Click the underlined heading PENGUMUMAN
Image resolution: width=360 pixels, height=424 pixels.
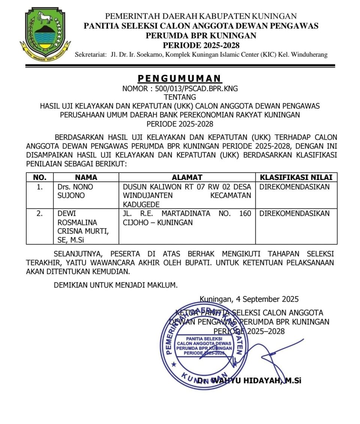pyautogui.click(x=180, y=78)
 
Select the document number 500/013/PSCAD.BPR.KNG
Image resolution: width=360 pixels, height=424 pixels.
pyautogui.click(x=180, y=89)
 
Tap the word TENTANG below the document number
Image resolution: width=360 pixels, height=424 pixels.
pyautogui.click(x=180, y=97)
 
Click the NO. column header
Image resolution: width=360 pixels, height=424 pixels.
pyautogui.click(x=40, y=177)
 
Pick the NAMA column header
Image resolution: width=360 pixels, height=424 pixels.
pyautogui.click(x=86, y=177)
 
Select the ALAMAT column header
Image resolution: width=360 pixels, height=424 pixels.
pyautogui.click(x=187, y=177)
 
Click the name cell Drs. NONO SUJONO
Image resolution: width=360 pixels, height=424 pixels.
pyautogui.click(x=75, y=191)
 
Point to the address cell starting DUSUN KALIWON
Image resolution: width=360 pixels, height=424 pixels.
pyautogui.click(x=187, y=195)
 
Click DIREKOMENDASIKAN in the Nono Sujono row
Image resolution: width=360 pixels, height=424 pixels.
pyautogui.click(x=295, y=187)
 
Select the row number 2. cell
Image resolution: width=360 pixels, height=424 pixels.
pyautogui.click(x=40, y=214)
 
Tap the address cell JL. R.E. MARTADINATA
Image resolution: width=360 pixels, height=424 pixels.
pyautogui.click(x=187, y=218)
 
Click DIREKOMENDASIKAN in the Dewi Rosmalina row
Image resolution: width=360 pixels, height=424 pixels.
pyautogui.click(x=295, y=214)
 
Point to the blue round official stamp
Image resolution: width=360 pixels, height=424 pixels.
pyautogui.click(x=204, y=347)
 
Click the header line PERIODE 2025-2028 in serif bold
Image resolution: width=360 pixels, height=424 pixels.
pyautogui.click(x=201, y=45)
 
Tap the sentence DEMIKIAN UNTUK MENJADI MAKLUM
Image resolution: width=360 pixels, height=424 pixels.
pyautogui.click(x=115, y=285)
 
